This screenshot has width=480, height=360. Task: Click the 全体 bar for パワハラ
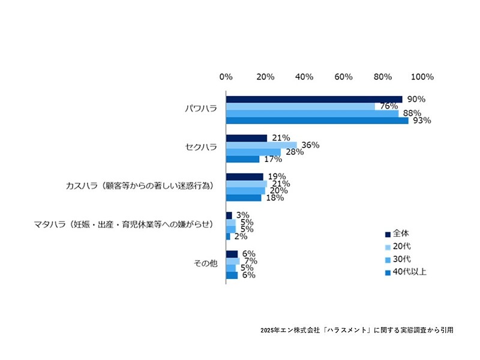pyautogui.click(x=314, y=99)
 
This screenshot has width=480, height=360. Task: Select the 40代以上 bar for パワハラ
pyautogui.click(x=317, y=121)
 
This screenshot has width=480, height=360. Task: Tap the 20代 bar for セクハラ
pyautogui.click(x=262, y=145)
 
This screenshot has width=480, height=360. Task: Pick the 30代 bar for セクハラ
pyautogui.click(x=253, y=152)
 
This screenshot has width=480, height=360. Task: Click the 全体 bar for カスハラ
pyautogui.click(x=245, y=176)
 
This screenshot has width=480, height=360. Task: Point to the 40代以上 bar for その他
pyautogui.click(x=232, y=275)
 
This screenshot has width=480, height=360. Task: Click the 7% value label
pyautogui.click(x=250, y=261)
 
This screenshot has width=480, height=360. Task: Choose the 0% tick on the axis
pyautogui.click(x=226, y=77)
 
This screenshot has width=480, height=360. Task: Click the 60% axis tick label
pyautogui.click(x=344, y=77)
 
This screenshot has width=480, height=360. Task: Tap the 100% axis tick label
pyautogui.click(x=422, y=77)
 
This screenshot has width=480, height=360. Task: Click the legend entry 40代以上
pyautogui.click(x=409, y=272)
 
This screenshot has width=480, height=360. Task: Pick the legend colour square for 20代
pyautogui.click(x=388, y=247)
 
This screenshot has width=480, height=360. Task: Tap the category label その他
pyautogui.click(x=205, y=264)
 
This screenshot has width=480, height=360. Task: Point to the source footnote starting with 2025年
pyautogui.click(x=356, y=330)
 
